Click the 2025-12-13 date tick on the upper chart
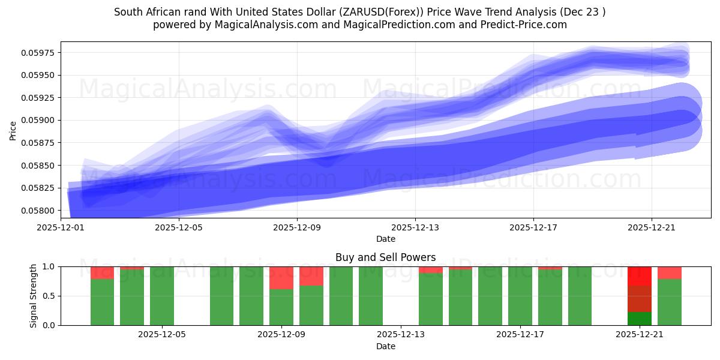(415, 228)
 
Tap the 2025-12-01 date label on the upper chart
(61, 228)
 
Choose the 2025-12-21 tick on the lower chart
(639, 335)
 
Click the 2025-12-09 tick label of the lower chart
(281, 335)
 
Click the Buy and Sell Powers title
(385, 258)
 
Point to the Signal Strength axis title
(34, 296)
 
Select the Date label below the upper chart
(385, 239)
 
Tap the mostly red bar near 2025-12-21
(639, 288)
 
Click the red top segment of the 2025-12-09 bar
(281, 278)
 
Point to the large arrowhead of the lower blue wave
(675, 123)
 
